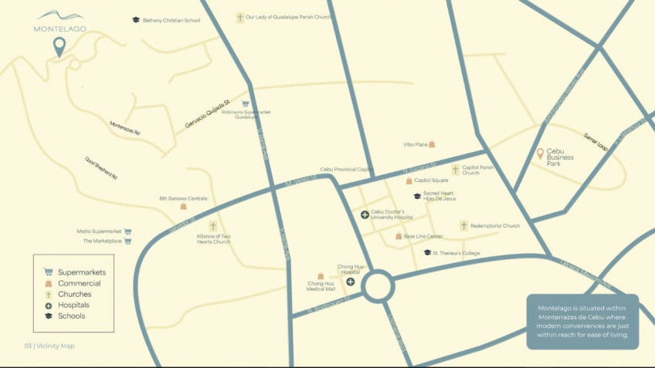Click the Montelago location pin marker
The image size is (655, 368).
point(59,47)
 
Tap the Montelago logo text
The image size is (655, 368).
point(59,29)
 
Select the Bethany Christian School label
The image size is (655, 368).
point(171,20)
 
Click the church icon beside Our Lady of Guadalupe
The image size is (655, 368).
point(240,17)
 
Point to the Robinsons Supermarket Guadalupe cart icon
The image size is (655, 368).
point(246,103)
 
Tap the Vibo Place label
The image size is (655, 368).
point(415,144)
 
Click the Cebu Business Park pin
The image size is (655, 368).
point(541,154)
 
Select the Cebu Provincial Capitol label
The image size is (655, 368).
point(347,169)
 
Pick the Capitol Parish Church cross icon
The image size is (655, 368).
point(455,169)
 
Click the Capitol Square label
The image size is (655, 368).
point(431,181)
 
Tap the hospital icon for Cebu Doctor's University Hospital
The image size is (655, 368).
point(365,214)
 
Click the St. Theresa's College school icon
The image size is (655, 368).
point(427,252)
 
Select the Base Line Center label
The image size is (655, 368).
point(424,236)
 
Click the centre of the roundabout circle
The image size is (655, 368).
point(379,285)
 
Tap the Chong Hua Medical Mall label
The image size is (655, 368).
point(321,286)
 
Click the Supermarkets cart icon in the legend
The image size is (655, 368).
point(48,272)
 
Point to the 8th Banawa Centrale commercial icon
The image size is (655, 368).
point(183,206)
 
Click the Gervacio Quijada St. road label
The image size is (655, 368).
point(208,114)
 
